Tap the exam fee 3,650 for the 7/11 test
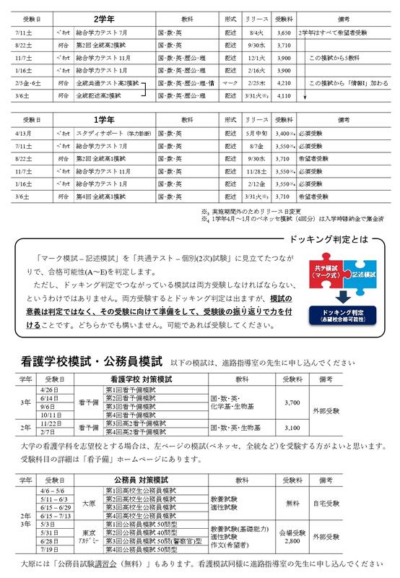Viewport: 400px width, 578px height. [284, 33]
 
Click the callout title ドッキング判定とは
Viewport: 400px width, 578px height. [331, 219]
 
